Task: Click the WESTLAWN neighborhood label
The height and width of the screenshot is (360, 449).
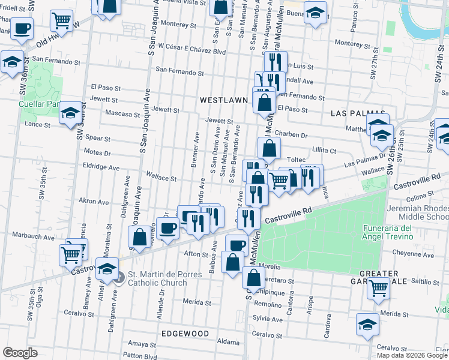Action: click(223, 100)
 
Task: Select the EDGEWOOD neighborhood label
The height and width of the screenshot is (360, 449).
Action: click(185, 333)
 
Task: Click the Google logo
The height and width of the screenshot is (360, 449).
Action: click(20, 353)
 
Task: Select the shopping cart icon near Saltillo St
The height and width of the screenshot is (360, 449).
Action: click(378, 287)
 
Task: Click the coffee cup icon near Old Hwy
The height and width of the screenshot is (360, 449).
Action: click(22, 28)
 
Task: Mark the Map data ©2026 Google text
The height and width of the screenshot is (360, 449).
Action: click(412, 355)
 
